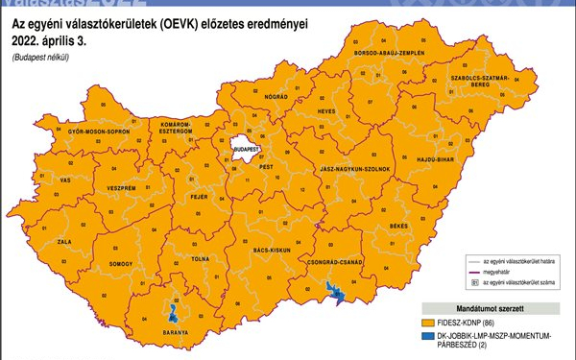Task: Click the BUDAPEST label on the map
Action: point(247,150)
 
